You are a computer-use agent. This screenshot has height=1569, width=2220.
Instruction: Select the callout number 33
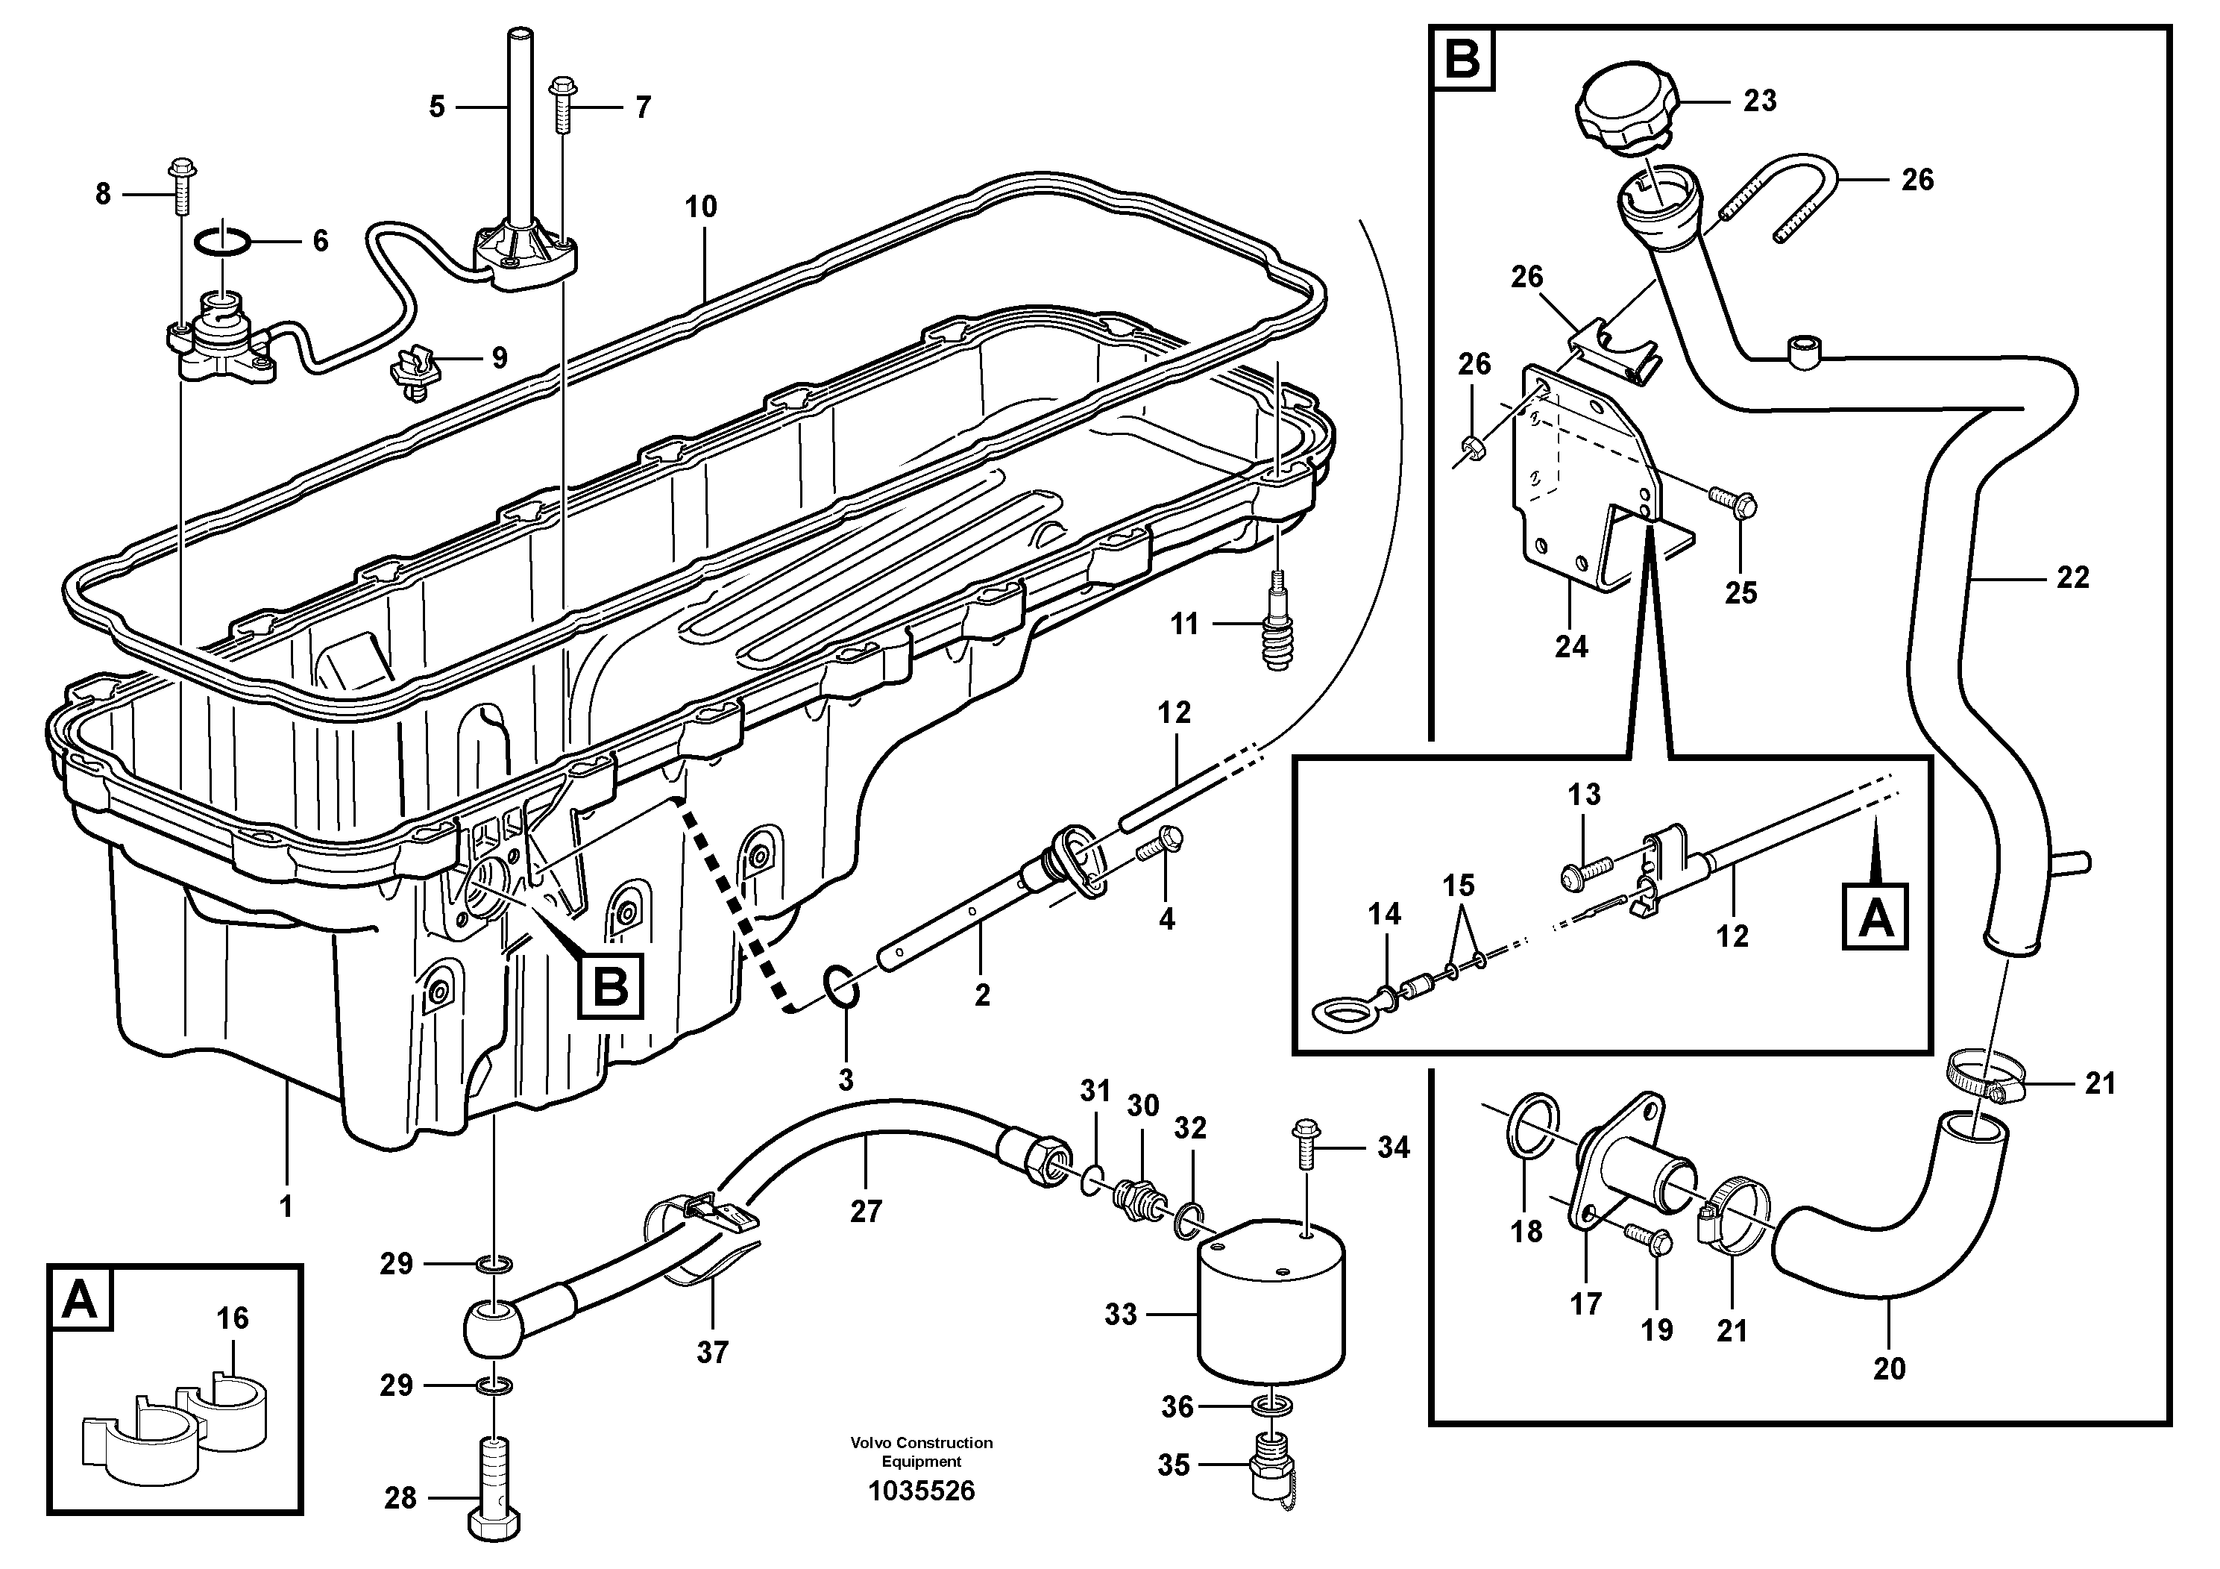click(x=1121, y=1315)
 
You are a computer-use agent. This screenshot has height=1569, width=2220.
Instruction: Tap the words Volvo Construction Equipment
click(x=922, y=1451)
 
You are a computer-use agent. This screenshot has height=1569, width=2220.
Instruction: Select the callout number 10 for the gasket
click(x=701, y=206)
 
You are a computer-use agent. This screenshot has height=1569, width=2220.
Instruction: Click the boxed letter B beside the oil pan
click(x=611, y=986)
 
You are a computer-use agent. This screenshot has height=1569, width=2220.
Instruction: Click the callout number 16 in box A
click(x=232, y=1318)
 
